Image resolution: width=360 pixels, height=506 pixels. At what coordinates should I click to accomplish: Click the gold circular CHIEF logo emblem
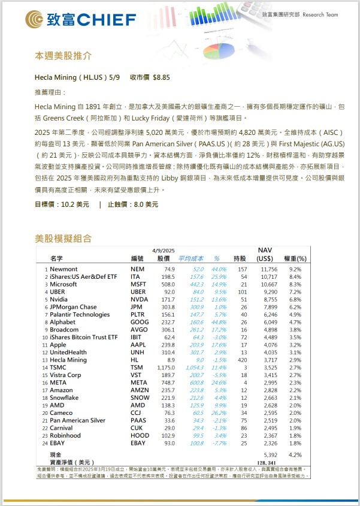[34, 20]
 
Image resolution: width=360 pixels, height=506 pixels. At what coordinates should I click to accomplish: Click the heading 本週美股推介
[63, 56]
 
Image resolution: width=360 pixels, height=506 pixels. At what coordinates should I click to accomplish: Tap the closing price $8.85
[162, 77]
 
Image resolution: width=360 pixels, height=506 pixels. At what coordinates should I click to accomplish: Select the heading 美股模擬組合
[63, 239]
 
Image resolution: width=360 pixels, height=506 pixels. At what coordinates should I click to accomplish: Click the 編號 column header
[137, 258]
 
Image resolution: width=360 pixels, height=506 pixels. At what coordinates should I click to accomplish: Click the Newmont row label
[64, 270]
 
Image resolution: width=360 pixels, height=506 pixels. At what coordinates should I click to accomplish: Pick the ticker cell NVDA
[139, 299]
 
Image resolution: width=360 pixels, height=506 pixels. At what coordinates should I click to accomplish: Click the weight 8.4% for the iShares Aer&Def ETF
[295, 277]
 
